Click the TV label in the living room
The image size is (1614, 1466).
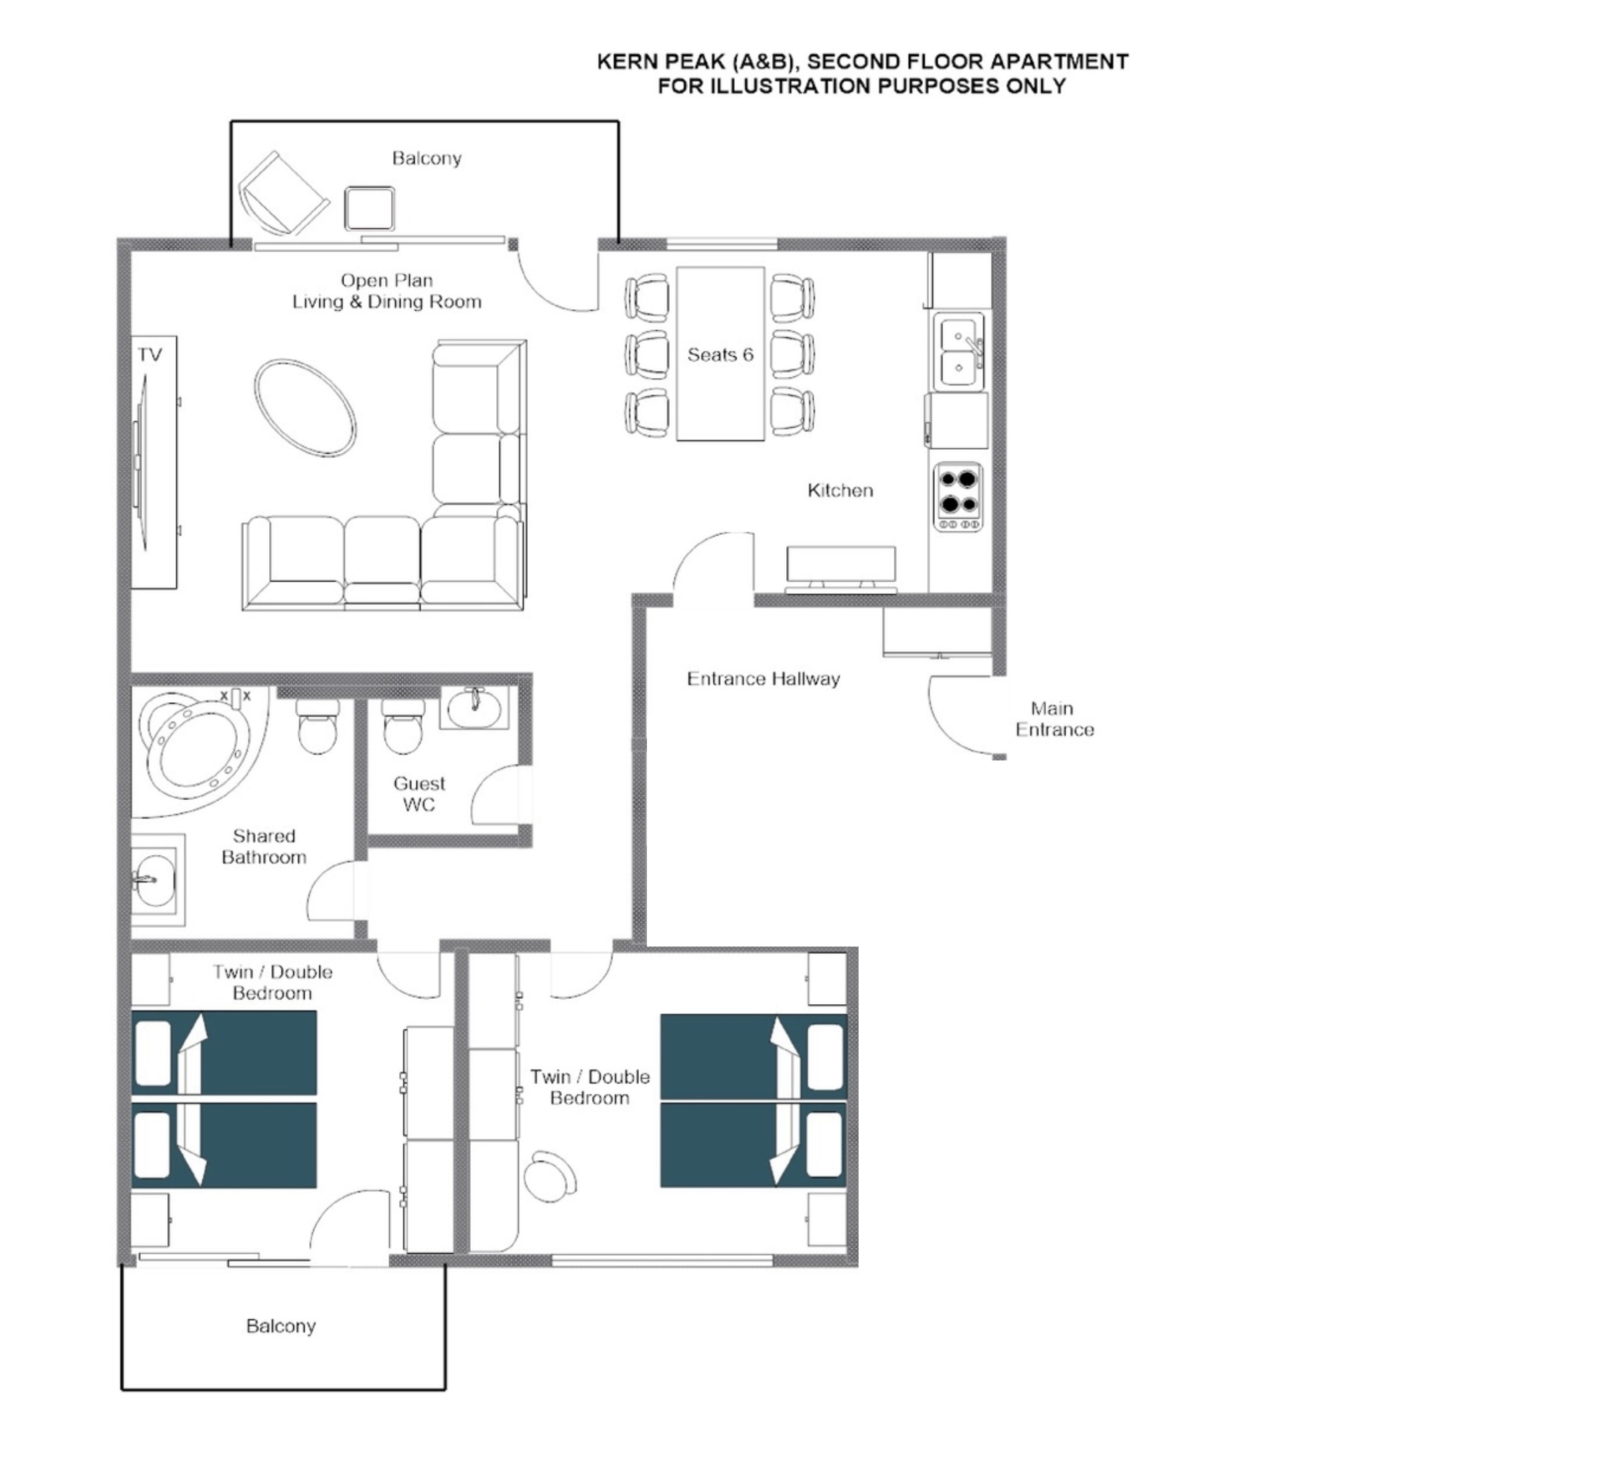pyautogui.click(x=150, y=355)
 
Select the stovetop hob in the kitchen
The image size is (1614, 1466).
pyautogui.click(x=958, y=498)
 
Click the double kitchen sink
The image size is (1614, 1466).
pyautogui.click(x=958, y=351)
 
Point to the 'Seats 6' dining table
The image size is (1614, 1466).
pyautogui.click(x=721, y=353)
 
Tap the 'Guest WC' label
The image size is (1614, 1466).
pyautogui.click(x=419, y=794)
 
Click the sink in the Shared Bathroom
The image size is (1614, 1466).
pyautogui.click(x=156, y=880)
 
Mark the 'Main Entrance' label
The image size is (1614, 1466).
pyautogui.click(x=1053, y=718)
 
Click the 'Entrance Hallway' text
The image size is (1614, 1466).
pyautogui.click(x=763, y=679)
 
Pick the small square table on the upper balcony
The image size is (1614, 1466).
pyautogui.click(x=369, y=208)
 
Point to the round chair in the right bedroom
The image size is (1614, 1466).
pyautogui.click(x=550, y=1175)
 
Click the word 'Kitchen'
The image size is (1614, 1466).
pyautogui.click(x=840, y=490)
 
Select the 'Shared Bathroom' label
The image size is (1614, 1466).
pyautogui.click(x=263, y=847)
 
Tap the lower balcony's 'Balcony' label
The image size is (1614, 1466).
pyautogui.click(x=281, y=1326)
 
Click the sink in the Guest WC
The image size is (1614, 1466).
pyautogui.click(x=474, y=708)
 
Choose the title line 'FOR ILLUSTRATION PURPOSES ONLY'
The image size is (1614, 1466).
pyautogui.click(x=861, y=86)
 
